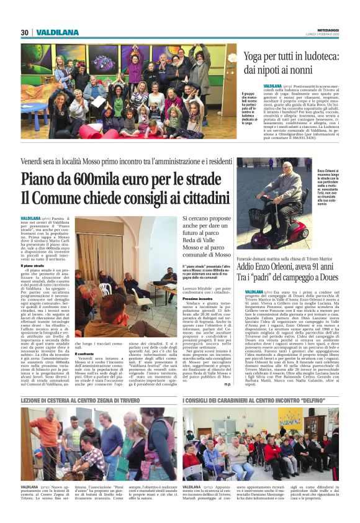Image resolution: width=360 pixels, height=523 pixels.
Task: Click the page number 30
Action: pos(25,32)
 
